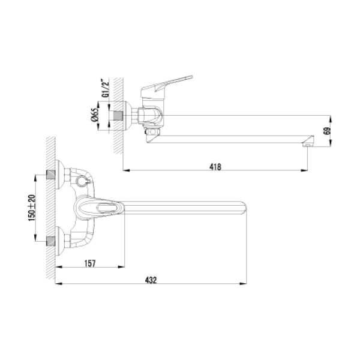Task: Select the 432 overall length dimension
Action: coord(151,280)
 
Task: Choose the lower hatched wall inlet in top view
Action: coord(53,241)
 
